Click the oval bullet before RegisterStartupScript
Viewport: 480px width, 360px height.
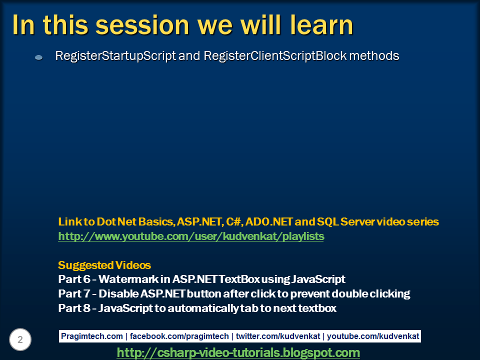point(38,58)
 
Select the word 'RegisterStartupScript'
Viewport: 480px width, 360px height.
point(115,56)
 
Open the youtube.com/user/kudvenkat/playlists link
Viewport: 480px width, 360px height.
point(191,236)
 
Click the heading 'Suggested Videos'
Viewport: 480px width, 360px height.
point(104,265)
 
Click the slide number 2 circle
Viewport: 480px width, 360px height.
point(20,340)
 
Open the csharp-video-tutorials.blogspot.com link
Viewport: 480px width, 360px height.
point(238,353)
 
